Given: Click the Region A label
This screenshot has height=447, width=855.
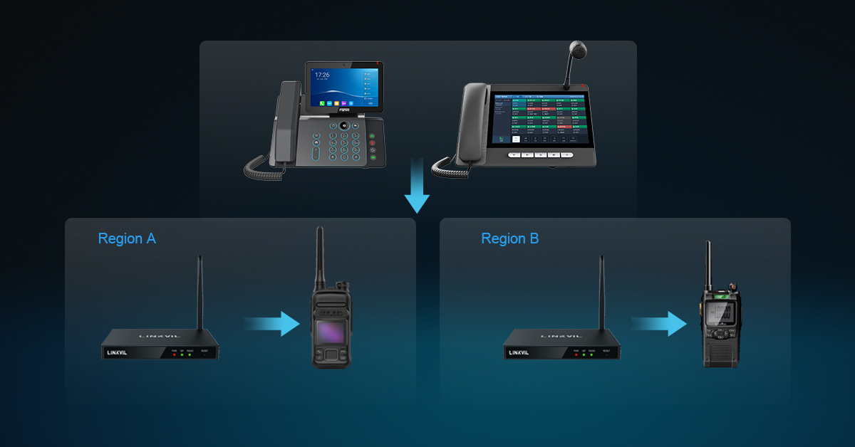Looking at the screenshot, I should [x=127, y=238].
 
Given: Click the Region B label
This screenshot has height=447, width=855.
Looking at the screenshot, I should [x=509, y=238].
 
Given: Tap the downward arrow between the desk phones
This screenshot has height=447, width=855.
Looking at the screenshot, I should [x=417, y=189].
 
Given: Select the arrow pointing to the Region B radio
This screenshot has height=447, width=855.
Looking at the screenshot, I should [x=659, y=324].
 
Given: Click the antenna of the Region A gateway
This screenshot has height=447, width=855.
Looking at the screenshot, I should [x=199, y=292].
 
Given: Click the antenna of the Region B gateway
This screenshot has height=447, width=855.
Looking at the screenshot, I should [x=601, y=292].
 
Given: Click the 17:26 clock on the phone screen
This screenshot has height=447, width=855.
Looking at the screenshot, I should [x=322, y=75].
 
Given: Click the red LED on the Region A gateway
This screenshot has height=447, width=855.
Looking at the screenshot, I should [x=175, y=355].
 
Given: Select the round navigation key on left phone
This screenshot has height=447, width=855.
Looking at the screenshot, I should [x=343, y=126].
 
